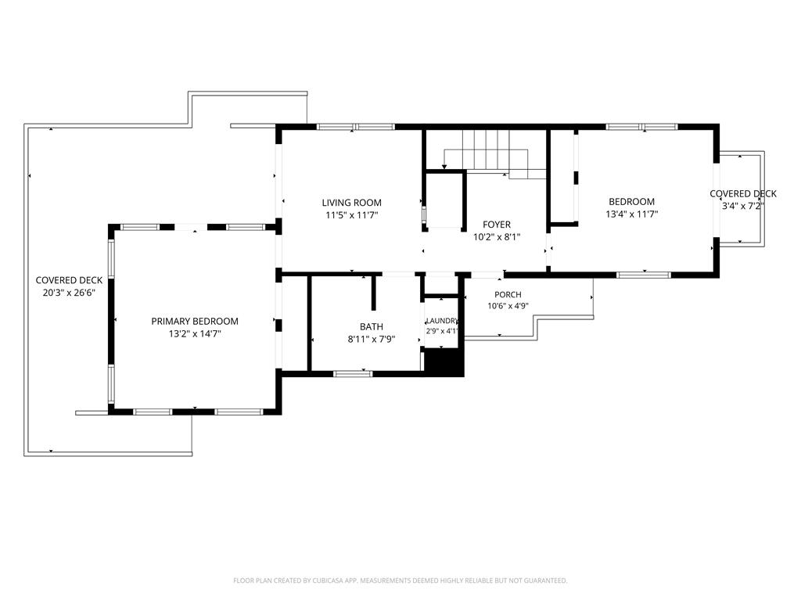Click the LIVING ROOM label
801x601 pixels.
(351, 203)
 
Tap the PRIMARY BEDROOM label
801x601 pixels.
(195, 322)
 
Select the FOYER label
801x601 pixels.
(497, 225)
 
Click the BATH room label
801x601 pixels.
(372, 326)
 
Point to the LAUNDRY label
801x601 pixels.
(442, 321)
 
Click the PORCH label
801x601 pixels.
(508, 295)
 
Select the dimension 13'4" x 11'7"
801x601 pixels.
(632, 214)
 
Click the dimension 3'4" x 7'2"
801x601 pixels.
(743, 206)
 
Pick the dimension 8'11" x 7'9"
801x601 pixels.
(372, 339)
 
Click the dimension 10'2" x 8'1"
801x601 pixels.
(497, 236)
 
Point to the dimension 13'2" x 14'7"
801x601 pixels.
(195, 334)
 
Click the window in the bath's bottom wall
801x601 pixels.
(353, 374)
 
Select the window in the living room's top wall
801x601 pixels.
(356, 127)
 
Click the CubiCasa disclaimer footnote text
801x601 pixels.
(400, 581)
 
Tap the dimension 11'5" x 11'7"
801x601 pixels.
(351, 215)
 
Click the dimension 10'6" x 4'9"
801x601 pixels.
(508, 306)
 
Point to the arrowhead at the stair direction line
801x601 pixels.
(444, 166)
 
